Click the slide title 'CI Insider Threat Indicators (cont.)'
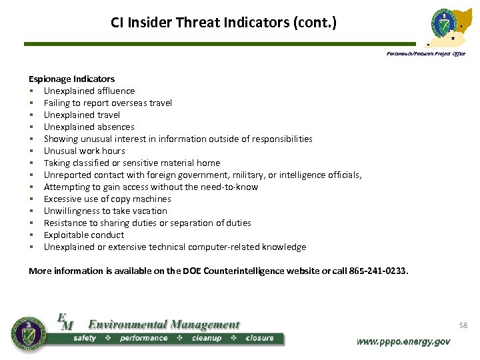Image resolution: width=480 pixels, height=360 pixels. [x=224, y=23]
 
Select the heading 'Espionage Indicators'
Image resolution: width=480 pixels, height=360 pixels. [x=71, y=79]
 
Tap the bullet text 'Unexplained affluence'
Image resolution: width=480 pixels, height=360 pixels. [x=89, y=91]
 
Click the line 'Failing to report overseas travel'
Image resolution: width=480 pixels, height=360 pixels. [x=108, y=103]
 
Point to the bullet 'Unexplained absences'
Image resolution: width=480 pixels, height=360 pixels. [x=89, y=127]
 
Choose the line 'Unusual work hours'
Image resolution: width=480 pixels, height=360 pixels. [x=85, y=151]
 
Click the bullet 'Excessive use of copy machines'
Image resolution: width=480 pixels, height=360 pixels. [x=107, y=199]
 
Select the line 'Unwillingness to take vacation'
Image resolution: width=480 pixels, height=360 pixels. [x=105, y=211]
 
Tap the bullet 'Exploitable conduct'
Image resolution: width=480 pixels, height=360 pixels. [x=84, y=235]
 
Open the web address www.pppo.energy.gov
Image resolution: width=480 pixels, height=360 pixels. [x=403, y=341]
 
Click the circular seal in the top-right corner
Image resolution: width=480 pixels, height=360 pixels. [x=445, y=25]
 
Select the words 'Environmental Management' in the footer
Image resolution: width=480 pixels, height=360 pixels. [x=163, y=325]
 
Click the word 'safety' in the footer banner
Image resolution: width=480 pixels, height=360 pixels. [x=85, y=338]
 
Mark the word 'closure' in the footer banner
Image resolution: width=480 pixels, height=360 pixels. [x=259, y=338]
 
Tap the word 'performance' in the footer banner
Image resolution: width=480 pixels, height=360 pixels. [x=143, y=338]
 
